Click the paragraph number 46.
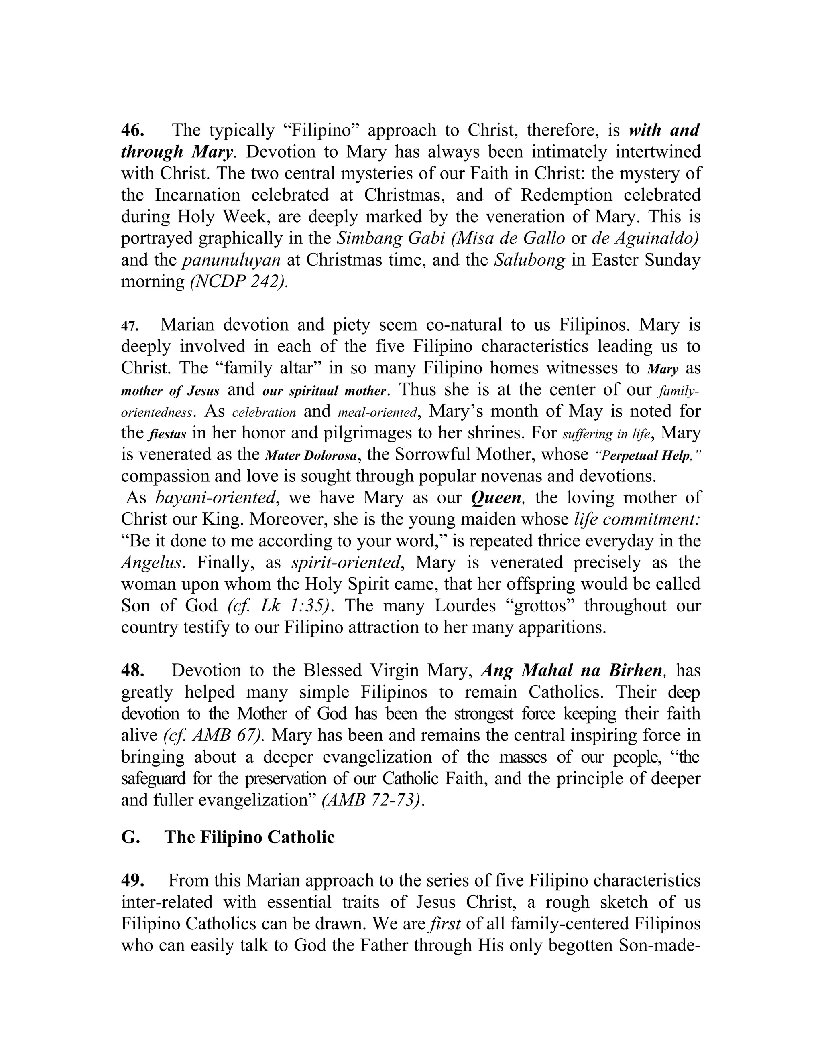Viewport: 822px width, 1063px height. click(132, 130)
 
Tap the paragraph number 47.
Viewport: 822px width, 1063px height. click(130, 326)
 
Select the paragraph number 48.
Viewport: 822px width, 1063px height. click(132, 671)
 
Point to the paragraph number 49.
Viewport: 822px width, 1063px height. click(132, 880)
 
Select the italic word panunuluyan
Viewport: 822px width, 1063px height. click(231, 260)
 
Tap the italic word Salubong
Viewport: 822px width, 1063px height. click(530, 260)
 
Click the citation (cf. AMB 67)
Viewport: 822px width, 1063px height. click(215, 735)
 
